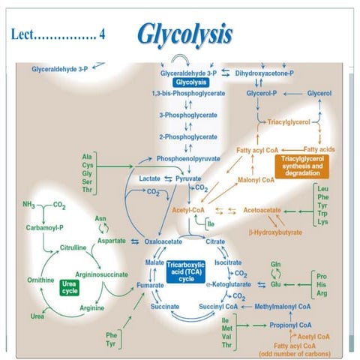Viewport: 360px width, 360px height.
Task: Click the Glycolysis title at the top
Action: click(x=184, y=34)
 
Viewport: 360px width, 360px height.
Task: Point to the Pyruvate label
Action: click(x=188, y=178)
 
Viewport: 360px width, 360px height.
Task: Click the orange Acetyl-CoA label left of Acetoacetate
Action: click(x=188, y=211)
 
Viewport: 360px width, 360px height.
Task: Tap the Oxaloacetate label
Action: click(x=163, y=241)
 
